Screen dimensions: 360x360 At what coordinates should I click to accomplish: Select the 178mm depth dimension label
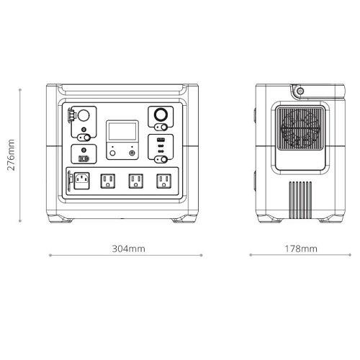click(300, 248)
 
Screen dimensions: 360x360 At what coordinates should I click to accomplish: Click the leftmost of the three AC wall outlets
click(108, 181)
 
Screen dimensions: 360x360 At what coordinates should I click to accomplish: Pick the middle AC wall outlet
click(135, 181)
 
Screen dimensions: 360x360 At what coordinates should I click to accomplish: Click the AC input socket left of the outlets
click(81, 181)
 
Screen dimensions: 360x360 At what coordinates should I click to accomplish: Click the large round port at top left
click(83, 116)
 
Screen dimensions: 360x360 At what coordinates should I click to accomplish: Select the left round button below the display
click(112, 153)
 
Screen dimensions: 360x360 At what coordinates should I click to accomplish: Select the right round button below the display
click(131, 153)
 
